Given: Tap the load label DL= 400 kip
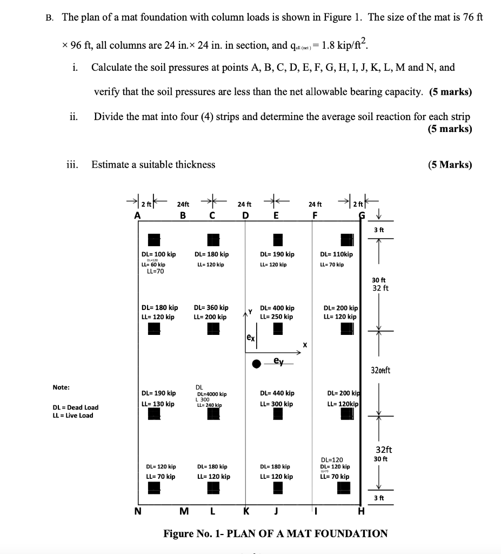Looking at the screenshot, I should (x=277, y=308).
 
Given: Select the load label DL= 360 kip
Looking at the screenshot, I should (x=211, y=307).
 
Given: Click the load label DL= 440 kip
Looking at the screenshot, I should (x=277, y=393).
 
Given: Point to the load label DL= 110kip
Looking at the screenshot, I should (x=336, y=254).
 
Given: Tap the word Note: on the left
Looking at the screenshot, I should (x=61, y=387).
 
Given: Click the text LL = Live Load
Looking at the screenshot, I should (x=72, y=415).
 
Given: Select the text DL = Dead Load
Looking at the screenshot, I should (x=76, y=407).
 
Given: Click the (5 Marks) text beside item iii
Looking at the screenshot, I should (x=450, y=164).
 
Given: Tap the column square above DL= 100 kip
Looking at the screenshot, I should (x=155, y=239).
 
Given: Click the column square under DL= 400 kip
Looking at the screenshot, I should (x=278, y=328).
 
